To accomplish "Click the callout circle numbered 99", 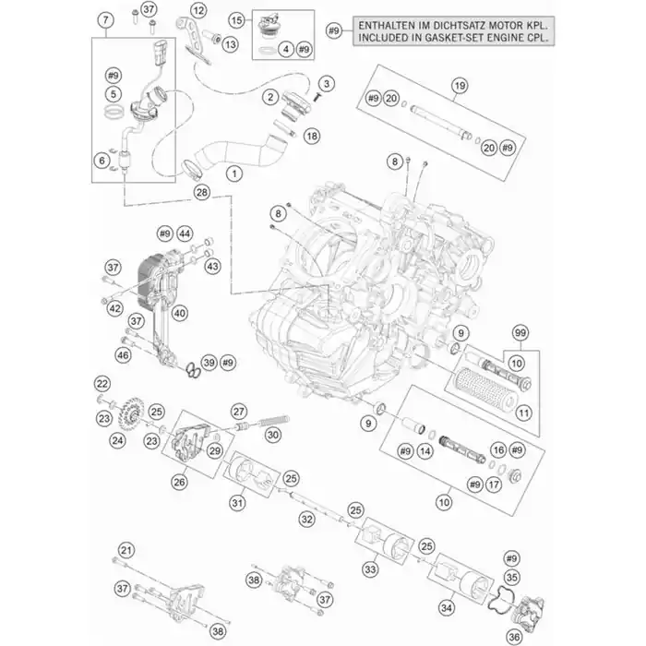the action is pos(520,333).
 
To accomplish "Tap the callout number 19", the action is pos(460,86).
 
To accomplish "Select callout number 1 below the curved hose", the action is pos(234,173).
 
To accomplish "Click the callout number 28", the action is pos(202,192).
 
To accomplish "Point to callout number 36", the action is pos(514,637).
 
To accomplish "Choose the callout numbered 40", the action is pos(180,314).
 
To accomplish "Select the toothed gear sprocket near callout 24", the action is pos(133,411).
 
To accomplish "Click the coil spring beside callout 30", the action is pos(274,422).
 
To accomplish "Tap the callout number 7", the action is pos(106,19).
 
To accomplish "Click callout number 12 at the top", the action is pos(198,10).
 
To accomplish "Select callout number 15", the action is pos(236,20).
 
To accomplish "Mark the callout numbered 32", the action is pos(307,520).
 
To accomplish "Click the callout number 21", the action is pos(126,550).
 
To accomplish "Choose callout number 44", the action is pos(185,234).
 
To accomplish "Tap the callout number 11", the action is pos(523,413).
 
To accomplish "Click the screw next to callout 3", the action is pos(317,97).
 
